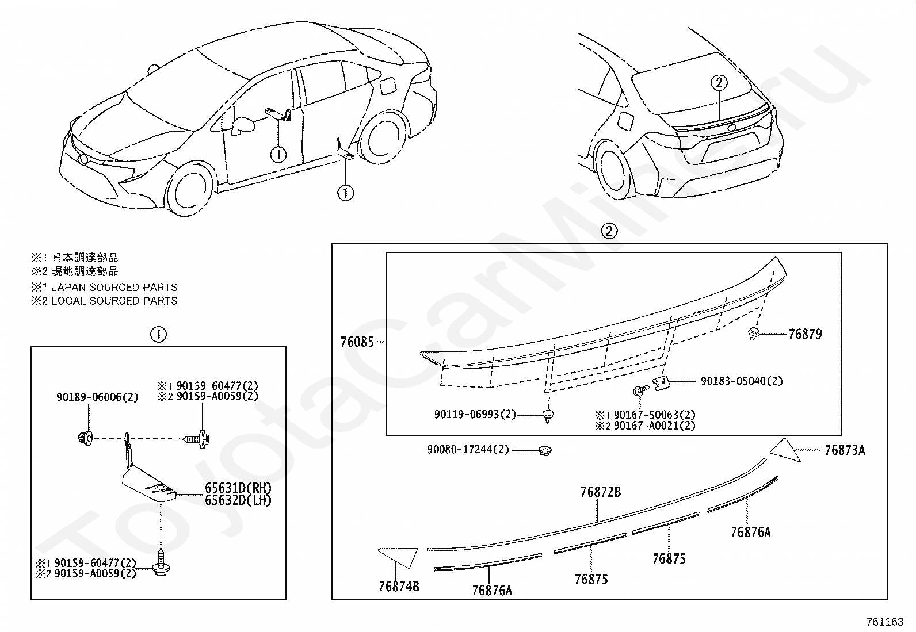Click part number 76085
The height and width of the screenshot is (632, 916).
point(357,342)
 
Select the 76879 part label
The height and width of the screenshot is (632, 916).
point(804,334)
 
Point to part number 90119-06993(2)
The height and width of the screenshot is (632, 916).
point(475,414)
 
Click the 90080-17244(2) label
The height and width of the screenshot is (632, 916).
point(468,449)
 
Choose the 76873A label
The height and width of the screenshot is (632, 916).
point(844,450)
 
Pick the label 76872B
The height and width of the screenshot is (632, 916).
point(600,492)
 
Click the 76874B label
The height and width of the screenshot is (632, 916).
point(399,587)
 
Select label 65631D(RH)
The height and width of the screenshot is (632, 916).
point(238,488)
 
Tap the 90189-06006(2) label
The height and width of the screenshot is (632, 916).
point(97,397)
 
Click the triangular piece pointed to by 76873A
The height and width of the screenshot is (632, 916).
point(785,450)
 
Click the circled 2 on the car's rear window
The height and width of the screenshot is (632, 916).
point(719,83)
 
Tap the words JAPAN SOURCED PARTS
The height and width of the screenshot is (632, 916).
point(114,287)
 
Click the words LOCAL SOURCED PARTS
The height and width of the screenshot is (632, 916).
point(114,301)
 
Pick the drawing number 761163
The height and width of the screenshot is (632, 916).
point(885,622)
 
